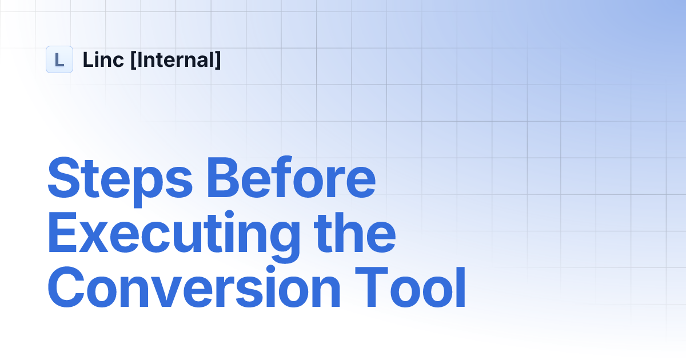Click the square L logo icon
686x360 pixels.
click(x=59, y=59)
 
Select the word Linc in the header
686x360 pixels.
click(x=103, y=59)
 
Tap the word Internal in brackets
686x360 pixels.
click(x=176, y=59)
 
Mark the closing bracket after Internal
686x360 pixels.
click(x=217, y=60)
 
